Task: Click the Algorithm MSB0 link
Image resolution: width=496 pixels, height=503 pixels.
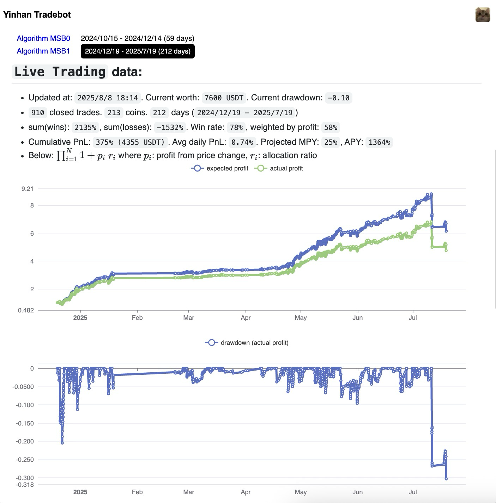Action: click(x=43, y=38)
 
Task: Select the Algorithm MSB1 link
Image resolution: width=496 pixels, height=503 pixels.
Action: click(x=43, y=51)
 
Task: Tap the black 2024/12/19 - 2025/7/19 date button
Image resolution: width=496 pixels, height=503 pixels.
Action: click(x=138, y=51)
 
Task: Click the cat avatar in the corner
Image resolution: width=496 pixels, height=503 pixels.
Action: click(x=483, y=15)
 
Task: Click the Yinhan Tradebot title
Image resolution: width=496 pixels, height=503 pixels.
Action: click(x=37, y=15)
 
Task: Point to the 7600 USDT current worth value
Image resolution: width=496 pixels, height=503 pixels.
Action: click(x=224, y=98)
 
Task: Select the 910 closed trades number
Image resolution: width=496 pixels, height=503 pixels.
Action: click(x=38, y=113)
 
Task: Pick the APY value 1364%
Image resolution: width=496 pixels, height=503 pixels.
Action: click(x=379, y=142)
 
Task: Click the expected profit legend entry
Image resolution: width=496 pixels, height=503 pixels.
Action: click(x=220, y=168)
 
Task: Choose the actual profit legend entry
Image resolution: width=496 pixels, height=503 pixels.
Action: click(x=279, y=168)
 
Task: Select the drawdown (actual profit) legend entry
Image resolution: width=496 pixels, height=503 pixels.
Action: click(x=247, y=343)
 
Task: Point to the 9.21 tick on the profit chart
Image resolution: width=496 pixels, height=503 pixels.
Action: click(x=28, y=189)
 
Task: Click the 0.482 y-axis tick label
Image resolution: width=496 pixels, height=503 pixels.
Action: click(x=26, y=310)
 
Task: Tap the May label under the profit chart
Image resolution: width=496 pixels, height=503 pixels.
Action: click(x=301, y=318)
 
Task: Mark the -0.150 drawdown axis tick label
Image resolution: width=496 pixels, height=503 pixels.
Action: click(x=25, y=423)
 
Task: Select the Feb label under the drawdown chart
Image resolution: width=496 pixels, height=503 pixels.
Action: click(x=137, y=492)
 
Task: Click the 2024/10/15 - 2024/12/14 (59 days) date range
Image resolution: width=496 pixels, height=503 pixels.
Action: click(x=138, y=38)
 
